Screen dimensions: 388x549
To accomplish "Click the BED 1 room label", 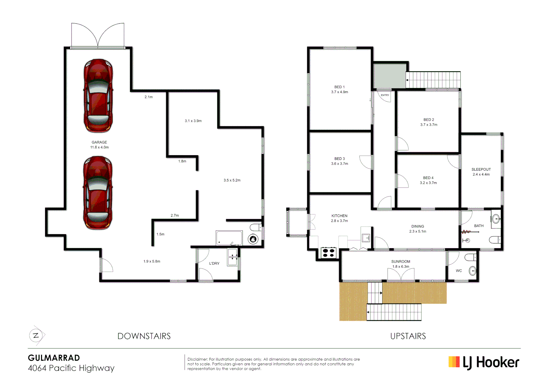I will (x=339, y=87).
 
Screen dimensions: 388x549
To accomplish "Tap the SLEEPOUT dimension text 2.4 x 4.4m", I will (x=481, y=175).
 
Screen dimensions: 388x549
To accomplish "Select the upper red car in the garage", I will (x=98, y=96).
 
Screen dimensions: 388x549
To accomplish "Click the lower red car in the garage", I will (x=98, y=193).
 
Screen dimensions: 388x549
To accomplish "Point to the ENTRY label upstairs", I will (x=385, y=95).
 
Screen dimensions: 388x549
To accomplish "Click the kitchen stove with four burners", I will (x=328, y=253).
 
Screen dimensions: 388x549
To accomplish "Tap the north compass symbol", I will (x=36, y=336).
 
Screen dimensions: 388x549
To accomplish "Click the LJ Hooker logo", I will (x=484, y=362).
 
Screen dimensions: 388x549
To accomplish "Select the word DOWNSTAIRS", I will (x=144, y=336).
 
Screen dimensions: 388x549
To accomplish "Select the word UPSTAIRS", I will (x=408, y=336).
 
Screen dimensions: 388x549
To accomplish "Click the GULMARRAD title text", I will (x=54, y=358).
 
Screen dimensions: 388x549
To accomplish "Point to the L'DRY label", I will (x=214, y=263).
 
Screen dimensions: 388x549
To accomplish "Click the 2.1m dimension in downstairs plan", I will (x=148, y=97).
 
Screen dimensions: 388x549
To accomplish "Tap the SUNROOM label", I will (x=401, y=262).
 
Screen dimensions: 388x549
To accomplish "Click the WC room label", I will (x=459, y=271).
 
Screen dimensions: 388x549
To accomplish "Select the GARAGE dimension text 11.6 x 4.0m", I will (x=99, y=147).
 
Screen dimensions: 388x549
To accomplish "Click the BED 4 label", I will (x=428, y=178).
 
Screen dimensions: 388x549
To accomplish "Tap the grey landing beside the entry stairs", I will (x=390, y=75).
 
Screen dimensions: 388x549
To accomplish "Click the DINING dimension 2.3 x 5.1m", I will (x=417, y=231).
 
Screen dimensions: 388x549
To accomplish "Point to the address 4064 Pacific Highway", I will (x=71, y=368).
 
